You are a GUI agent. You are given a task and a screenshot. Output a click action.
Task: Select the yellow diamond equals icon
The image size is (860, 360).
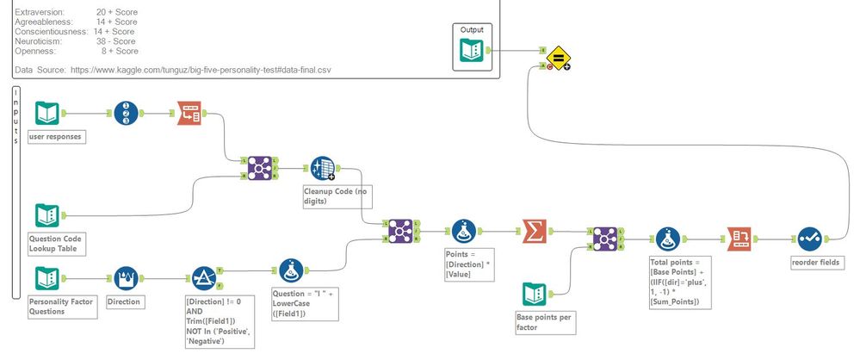pyautogui.click(x=557, y=59)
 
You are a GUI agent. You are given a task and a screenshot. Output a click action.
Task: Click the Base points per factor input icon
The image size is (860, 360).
pyautogui.click(x=535, y=294)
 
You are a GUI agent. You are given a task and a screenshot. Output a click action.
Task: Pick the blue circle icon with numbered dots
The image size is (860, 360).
pyautogui.click(x=127, y=113)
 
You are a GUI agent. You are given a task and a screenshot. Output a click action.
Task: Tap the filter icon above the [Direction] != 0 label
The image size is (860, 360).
pyautogui.click(x=203, y=278)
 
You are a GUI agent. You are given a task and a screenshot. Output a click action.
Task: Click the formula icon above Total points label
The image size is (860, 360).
pyautogui.click(x=669, y=238)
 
